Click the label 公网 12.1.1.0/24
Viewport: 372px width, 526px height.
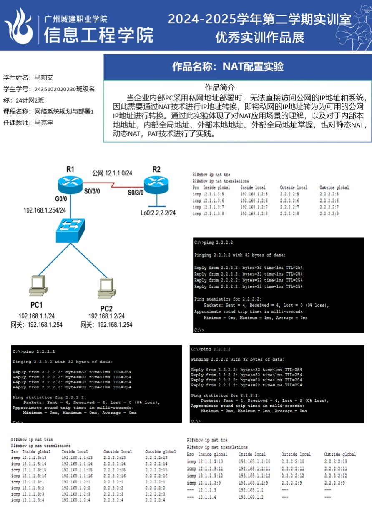coord(112,173)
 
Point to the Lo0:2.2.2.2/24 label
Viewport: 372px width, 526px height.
coord(158,213)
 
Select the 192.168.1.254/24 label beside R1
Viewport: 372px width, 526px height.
coord(45,210)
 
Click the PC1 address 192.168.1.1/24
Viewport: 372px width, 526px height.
coord(36,316)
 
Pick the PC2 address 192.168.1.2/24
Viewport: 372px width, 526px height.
coord(106,316)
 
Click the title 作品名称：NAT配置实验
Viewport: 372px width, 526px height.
coord(228,67)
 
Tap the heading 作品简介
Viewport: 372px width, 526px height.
coord(220,87)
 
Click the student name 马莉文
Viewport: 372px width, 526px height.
coord(44,78)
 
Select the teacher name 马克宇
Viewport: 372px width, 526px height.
coord(44,123)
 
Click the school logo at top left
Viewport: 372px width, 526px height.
coord(19,26)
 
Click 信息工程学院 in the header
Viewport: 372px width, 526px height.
coord(98,35)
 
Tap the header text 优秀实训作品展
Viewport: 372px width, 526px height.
coord(260,38)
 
